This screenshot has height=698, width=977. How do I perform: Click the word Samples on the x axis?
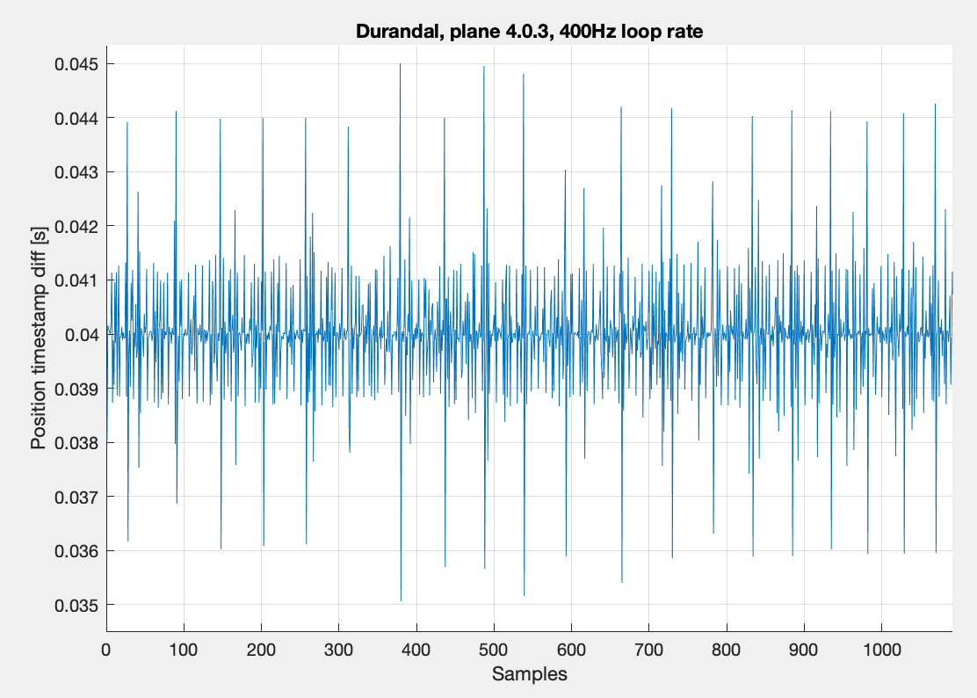[x=529, y=675]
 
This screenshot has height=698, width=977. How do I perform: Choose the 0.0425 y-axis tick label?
[x=76, y=200]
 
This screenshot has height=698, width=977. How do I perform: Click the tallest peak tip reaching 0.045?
[x=400, y=64]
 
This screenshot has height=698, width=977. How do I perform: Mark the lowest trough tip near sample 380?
[x=401, y=600]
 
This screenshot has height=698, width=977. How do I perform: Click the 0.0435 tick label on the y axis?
[x=76, y=145]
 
